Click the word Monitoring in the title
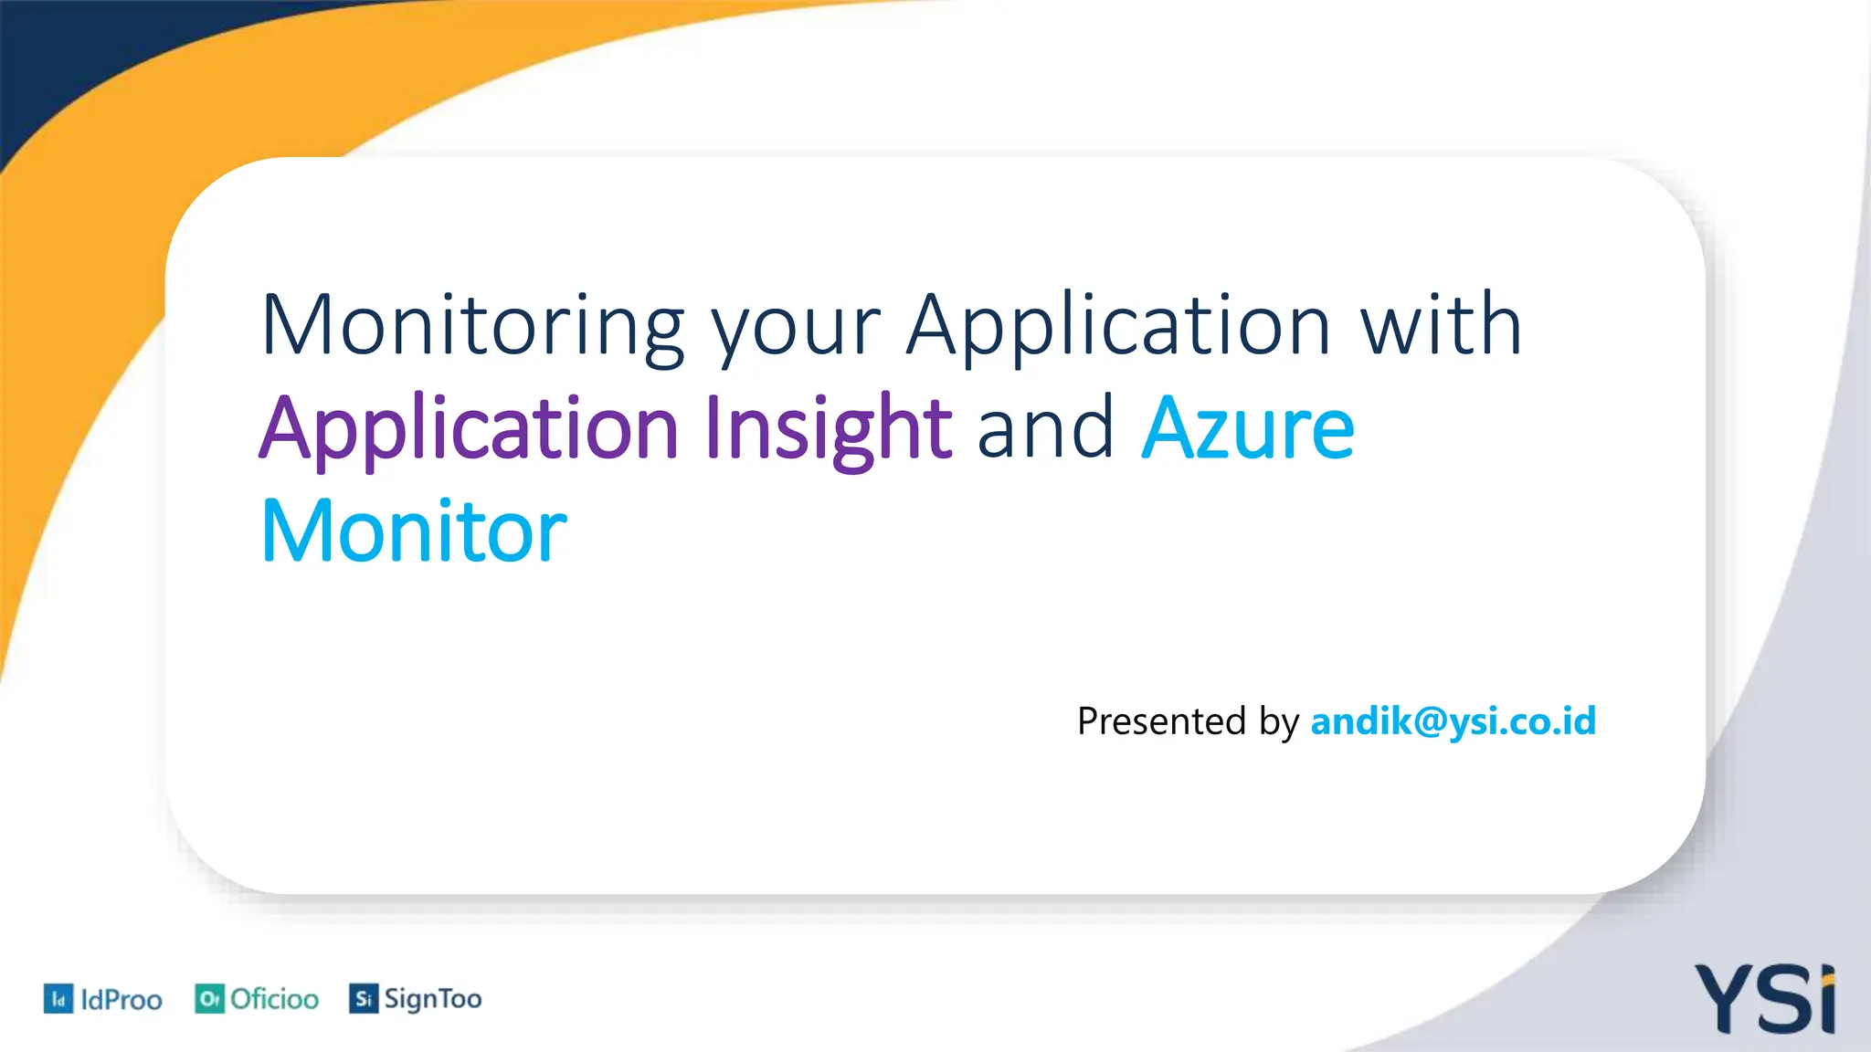(x=472, y=326)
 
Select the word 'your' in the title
(x=796, y=329)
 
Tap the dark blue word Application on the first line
(x=1118, y=326)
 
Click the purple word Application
(x=468, y=429)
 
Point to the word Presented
(x=1161, y=721)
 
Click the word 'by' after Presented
(x=1278, y=723)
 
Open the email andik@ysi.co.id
(x=1453, y=721)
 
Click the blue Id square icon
(x=58, y=999)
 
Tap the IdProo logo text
(x=121, y=1000)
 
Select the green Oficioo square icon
(x=209, y=999)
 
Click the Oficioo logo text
(x=274, y=999)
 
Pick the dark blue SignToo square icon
(x=363, y=999)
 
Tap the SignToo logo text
(x=432, y=999)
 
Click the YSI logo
(x=1765, y=999)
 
